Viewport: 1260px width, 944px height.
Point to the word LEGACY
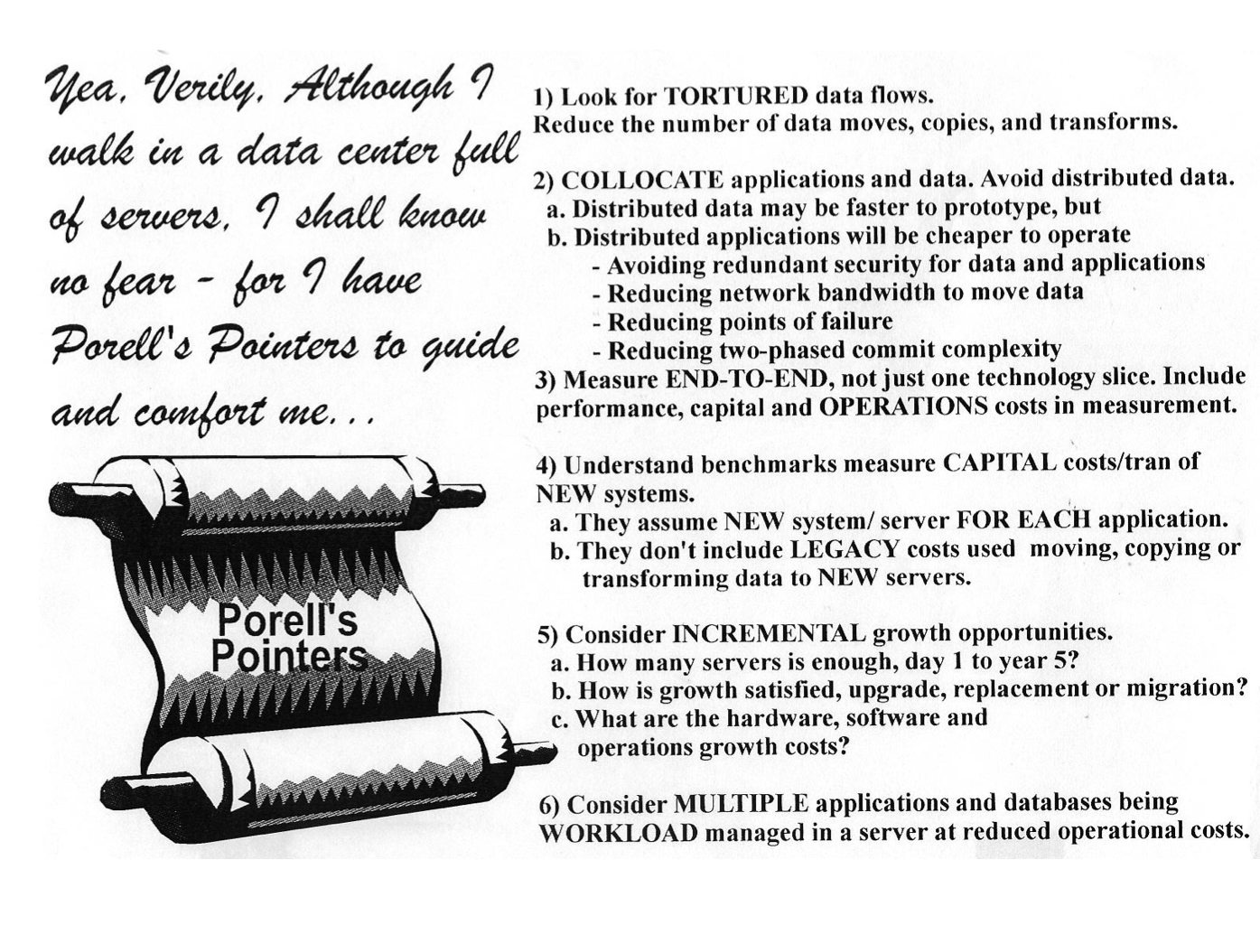click(845, 549)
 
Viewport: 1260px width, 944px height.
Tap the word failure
click(848, 322)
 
